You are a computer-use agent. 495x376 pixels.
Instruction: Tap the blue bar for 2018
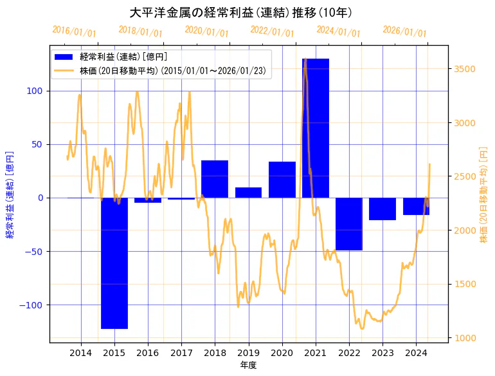point(215,179)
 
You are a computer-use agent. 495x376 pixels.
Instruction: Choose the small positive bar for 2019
point(248,193)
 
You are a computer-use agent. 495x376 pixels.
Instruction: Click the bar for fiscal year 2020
point(282,180)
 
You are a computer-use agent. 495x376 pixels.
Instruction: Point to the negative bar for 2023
point(382,209)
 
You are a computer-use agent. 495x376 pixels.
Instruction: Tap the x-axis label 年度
point(248,365)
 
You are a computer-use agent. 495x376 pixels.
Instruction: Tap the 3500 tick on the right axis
point(464,69)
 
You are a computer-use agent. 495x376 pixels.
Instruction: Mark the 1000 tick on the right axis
point(464,337)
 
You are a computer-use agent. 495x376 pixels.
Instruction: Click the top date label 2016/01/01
point(75,32)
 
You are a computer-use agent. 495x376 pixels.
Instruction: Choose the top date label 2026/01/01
point(404,32)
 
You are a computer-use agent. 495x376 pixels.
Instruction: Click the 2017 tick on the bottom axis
point(181,353)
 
